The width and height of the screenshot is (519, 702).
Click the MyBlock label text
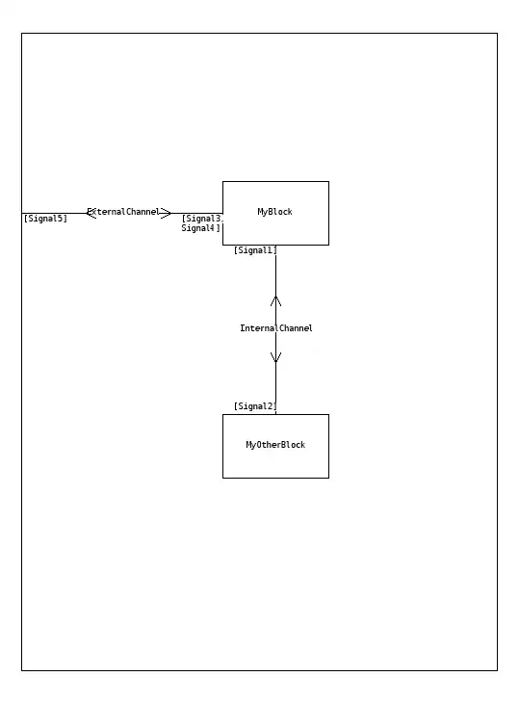coord(274,212)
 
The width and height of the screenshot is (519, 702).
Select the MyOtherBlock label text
coord(275,445)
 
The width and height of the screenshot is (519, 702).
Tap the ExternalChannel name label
coord(123,212)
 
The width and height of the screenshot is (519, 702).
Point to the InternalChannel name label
coord(276,328)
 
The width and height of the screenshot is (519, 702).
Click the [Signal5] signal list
coord(45,219)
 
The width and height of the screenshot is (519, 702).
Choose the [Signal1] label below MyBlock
coord(255,250)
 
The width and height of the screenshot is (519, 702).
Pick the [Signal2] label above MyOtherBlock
coord(255,406)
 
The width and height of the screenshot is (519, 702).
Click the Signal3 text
coord(204,219)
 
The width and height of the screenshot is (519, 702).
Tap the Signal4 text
coord(198,228)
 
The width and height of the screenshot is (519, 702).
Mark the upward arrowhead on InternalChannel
coord(275,300)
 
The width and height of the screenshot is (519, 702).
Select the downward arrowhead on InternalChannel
coord(275,357)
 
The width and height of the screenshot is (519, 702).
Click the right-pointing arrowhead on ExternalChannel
coord(166,213)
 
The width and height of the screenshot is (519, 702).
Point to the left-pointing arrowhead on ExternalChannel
coord(91,213)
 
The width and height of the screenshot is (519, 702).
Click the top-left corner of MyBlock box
coord(223,182)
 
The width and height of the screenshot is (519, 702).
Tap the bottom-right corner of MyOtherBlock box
coord(328,478)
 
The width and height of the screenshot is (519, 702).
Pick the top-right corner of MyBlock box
coord(328,182)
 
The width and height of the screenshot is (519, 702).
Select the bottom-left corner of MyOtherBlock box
coord(223,478)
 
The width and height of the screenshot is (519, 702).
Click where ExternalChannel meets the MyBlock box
coord(223,213)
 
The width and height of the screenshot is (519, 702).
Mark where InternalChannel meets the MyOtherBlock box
coord(275,415)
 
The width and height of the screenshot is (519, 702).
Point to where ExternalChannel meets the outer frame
coord(22,213)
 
